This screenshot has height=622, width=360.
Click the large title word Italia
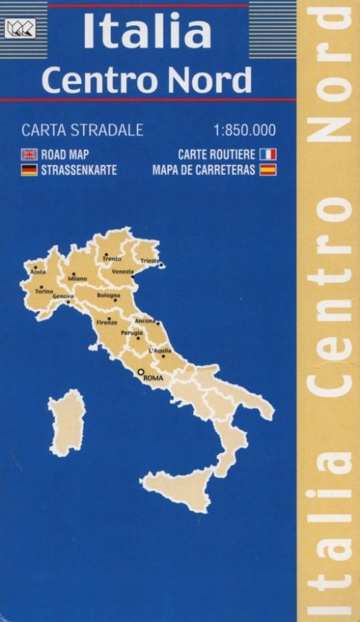coord(148,32)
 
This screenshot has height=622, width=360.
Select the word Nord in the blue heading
coord(215,80)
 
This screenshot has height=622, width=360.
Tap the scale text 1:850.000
coord(245,131)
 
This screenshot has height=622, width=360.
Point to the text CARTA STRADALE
coord(82,131)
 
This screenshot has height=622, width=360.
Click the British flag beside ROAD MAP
coord(30,155)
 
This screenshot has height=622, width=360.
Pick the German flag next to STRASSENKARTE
coord(30,171)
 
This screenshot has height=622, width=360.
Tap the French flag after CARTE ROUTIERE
coord(268,155)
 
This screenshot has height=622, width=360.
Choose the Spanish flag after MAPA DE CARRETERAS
coord(268,171)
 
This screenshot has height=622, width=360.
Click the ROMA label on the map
coord(153,377)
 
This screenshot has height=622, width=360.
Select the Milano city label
coord(78,279)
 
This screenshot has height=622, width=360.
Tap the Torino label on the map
coord(44,292)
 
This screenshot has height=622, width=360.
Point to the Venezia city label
coord(122,271)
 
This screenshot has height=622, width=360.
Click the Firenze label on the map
coord(107,323)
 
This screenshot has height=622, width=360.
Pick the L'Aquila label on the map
coord(159,351)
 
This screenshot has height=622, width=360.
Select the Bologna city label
coord(109,296)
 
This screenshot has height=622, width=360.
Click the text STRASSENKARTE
coord(78,171)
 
